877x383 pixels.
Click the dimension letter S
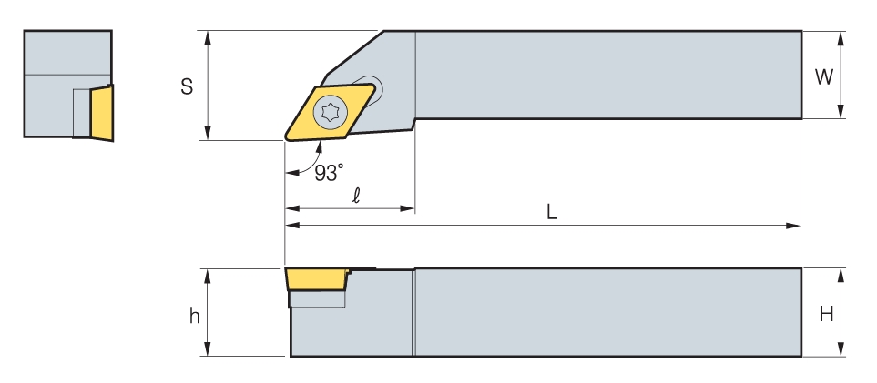pyautogui.click(x=187, y=86)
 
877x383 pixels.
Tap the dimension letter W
pyautogui.click(x=823, y=76)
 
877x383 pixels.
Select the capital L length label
pyautogui.click(x=552, y=212)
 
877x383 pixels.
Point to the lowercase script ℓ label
pyautogui.click(x=356, y=196)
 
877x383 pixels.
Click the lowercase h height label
pyautogui.click(x=194, y=316)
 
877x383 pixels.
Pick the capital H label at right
pyautogui.click(x=826, y=314)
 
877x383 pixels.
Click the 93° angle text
pyautogui.click(x=329, y=172)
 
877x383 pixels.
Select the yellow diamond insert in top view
pyautogui.click(x=330, y=112)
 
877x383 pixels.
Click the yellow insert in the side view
pyautogui.click(x=317, y=279)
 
